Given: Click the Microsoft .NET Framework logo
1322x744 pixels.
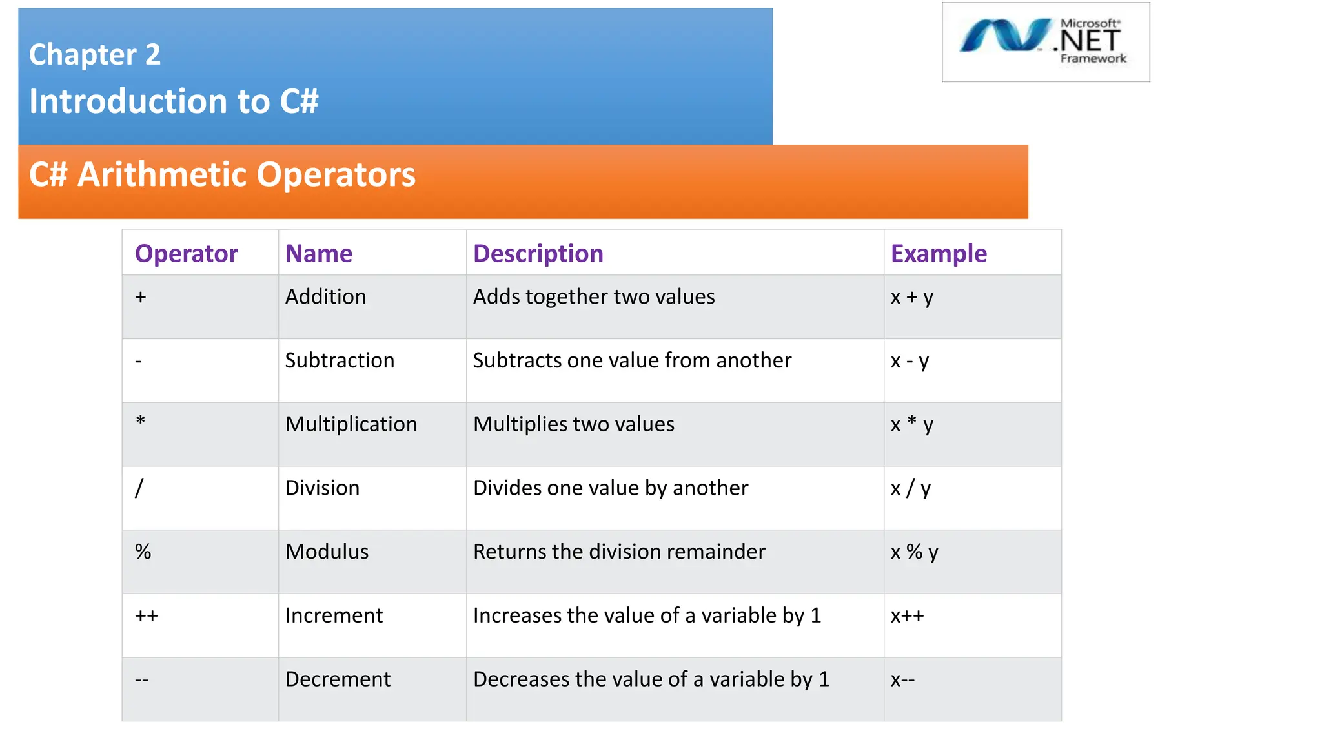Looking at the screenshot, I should pyautogui.click(x=1045, y=42).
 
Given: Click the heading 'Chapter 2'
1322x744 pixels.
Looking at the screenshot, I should pyautogui.click(x=95, y=54).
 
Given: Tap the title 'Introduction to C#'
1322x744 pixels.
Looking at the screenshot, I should pyautogui.click(x=174, y=101).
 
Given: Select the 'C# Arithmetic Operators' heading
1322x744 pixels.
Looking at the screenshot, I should pyautogui.click(x=222, y=174).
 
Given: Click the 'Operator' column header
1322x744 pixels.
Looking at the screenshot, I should pyautogui.click(x=186, y=254).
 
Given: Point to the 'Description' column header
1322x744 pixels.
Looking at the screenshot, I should pyautogui.click(x=538, y=254).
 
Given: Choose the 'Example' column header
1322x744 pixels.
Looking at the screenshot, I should pyautogui.click(x=938, y=254).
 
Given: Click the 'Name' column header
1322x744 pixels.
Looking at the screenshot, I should pyautogui.click(x=319, y=254).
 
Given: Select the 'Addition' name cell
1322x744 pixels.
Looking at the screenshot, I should pyautogui.click(x=325, y=296).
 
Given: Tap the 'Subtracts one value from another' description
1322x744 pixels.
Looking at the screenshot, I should pyautogui.click(x=632, y=360).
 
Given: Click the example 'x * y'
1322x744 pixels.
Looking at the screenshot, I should pyautogui.click(x=911, y=424).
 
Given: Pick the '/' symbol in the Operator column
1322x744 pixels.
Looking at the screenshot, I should pyautogui.click(x=139, y=488).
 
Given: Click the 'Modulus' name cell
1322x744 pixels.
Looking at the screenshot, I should pyautogui.click(x=327, y=552).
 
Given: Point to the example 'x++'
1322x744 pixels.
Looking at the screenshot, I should pyautogui.click(x=907, y=615).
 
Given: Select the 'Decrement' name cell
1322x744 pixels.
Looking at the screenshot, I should pyautogui.click(x=338, y=679).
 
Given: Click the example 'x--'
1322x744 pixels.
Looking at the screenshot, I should pyautogui.click(x=902, y=679).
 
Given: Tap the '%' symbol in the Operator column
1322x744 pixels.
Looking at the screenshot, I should pyautogui.click(x=143, y=552).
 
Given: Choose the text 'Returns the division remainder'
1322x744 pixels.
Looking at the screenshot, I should pyautogui.click(x=619, y=552).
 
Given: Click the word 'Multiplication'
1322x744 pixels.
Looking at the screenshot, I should pyautogui.click(x=351, y=424).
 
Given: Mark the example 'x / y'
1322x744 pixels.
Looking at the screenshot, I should pyautogui.click(x=910, y=488).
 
